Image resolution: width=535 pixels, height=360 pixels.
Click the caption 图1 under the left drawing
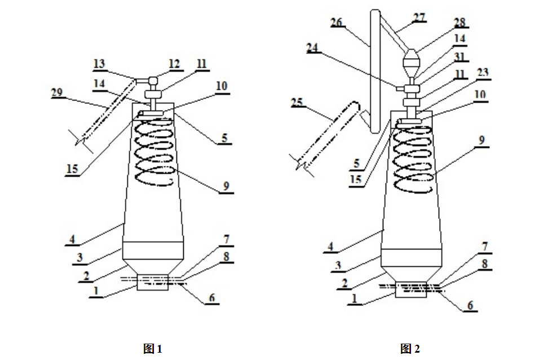click(153, 349)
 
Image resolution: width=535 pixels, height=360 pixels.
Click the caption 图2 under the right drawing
click(410, 349)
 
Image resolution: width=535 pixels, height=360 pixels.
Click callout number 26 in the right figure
click(336, 23)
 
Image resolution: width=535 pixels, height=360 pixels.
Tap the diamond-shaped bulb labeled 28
click(413, 58)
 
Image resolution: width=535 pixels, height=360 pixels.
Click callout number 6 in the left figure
click(211, 298)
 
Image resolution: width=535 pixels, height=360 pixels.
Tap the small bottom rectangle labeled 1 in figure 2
click(411, 289)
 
